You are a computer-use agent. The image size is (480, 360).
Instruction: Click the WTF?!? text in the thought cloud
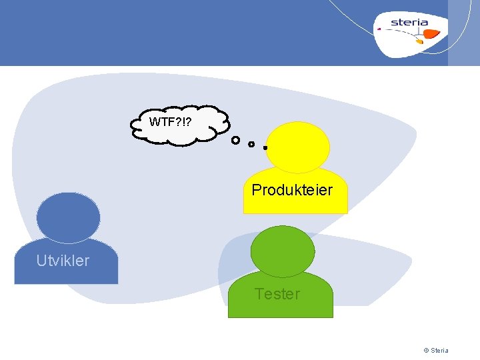[x=171, y=122]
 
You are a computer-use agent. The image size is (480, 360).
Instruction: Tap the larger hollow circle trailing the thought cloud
[x=235, y=140]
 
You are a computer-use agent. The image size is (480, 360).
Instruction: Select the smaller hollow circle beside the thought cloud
[x=251, y=143]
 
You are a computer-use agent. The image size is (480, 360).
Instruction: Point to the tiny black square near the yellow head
[x=265, y=147]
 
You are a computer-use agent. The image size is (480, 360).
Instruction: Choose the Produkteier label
[x=292, y=190]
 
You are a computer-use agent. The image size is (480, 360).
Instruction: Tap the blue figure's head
[x=68, y=217]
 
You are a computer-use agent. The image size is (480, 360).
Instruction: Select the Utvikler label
[x=63, y=261]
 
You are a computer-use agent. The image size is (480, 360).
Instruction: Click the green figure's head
[x=282, y=251]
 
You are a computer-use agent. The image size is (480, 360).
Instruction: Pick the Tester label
[x=277, y=294]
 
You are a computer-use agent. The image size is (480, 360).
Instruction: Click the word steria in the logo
[x=409, y=22]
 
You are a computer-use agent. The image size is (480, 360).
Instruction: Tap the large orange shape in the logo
[x=432, y=33]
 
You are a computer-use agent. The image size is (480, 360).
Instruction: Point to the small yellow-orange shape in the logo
[x=419, y=41]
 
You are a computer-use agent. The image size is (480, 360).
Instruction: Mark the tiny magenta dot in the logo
[x=379, y=29]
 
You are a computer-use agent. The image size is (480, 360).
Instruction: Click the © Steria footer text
[x=436, y=351]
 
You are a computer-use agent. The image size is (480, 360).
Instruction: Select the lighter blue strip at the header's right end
[x=464, y=33]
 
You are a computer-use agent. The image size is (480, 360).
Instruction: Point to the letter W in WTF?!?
[x=155, y=122]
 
